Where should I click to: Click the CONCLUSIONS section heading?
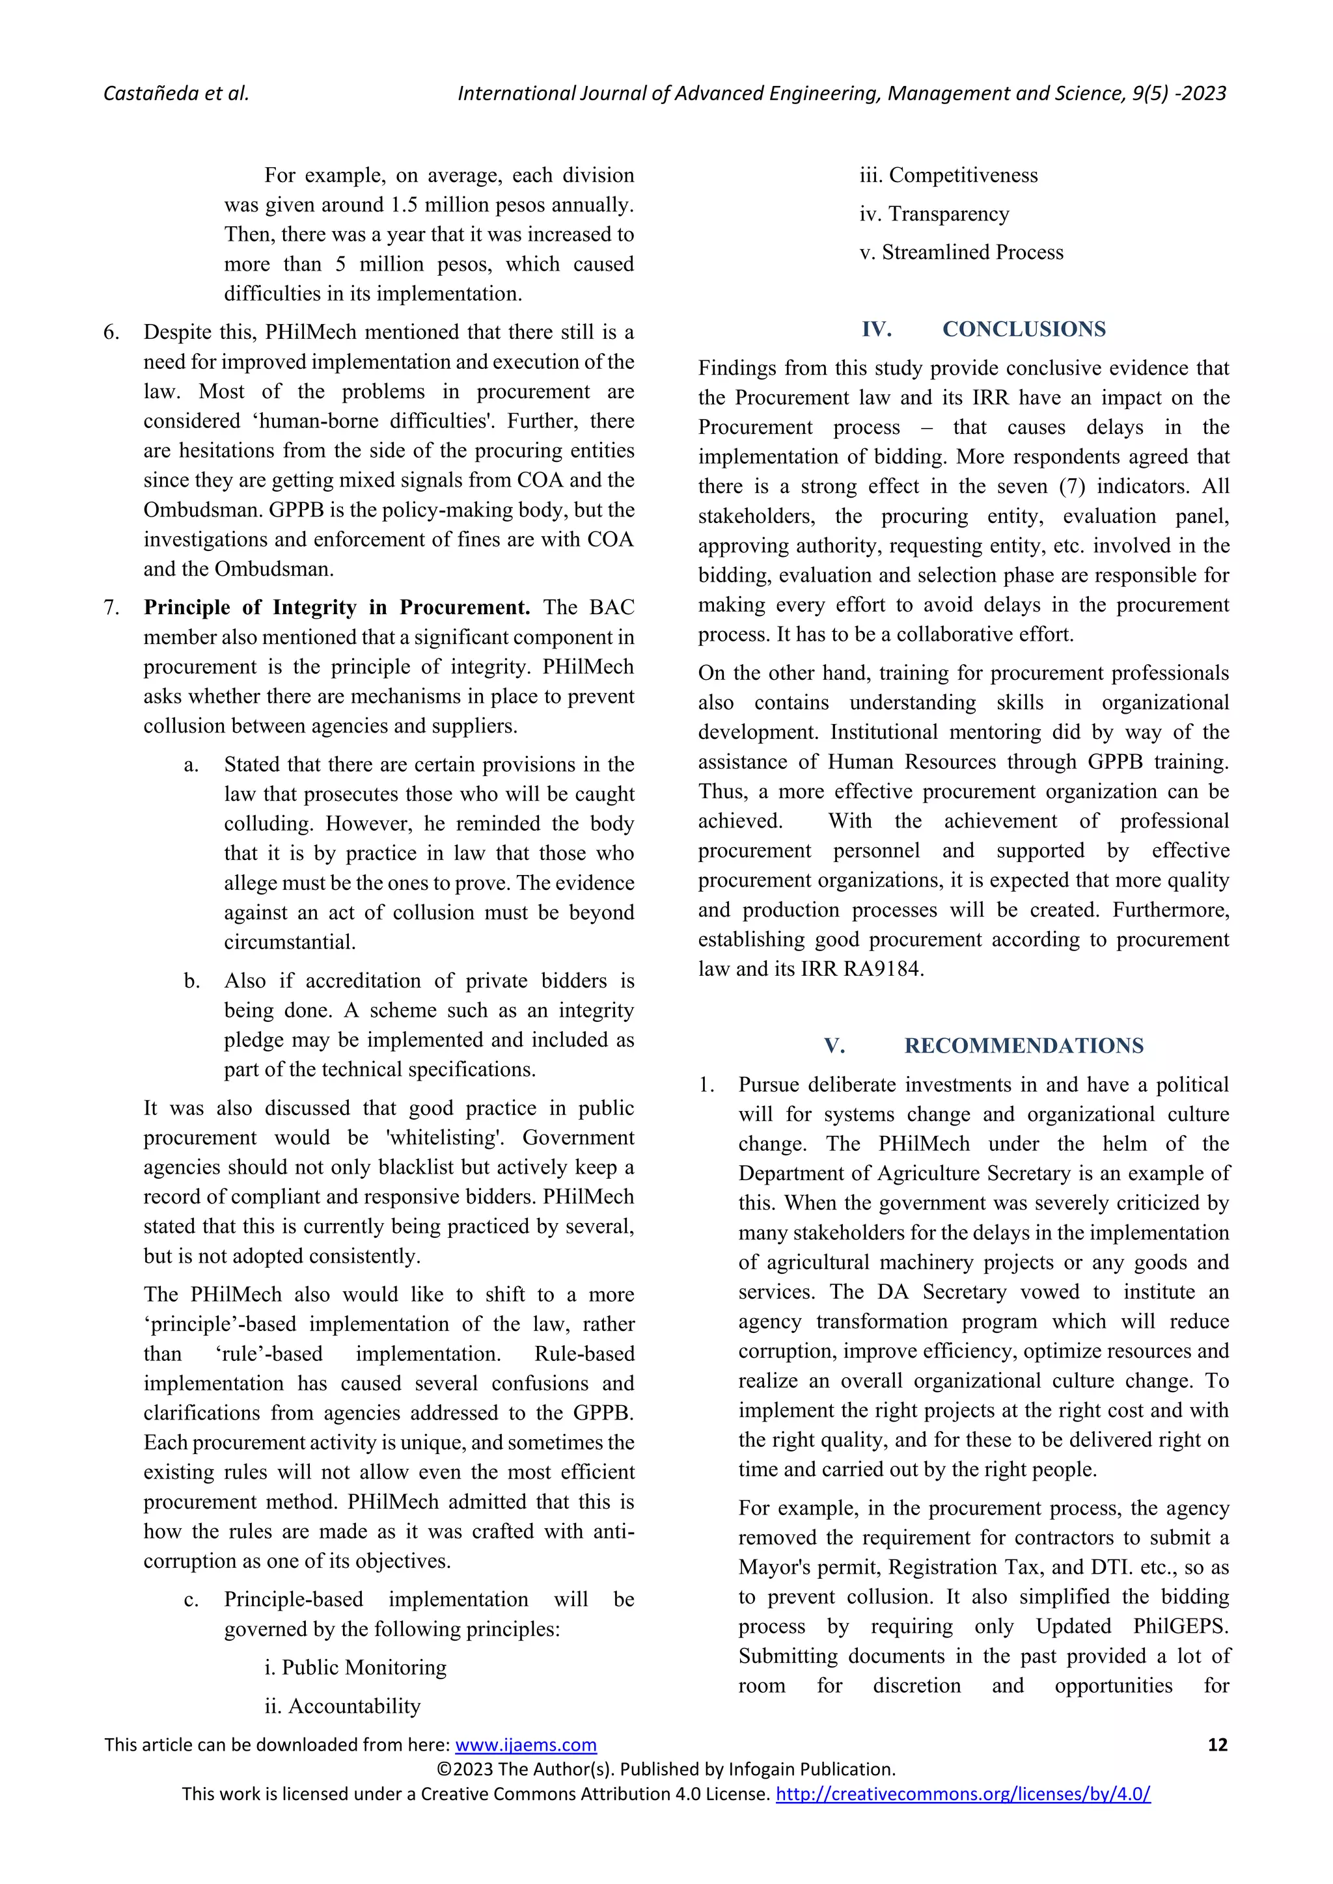1024,329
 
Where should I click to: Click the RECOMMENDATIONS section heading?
1024,1045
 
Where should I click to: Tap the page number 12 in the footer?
1217,1745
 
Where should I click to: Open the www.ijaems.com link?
525,1745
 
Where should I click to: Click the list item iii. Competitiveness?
948,175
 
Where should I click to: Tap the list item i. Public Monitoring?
355,1667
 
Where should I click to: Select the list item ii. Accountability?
342,1706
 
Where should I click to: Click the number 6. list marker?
112,332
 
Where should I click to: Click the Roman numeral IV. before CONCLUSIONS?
877,329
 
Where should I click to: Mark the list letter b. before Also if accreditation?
191,982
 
